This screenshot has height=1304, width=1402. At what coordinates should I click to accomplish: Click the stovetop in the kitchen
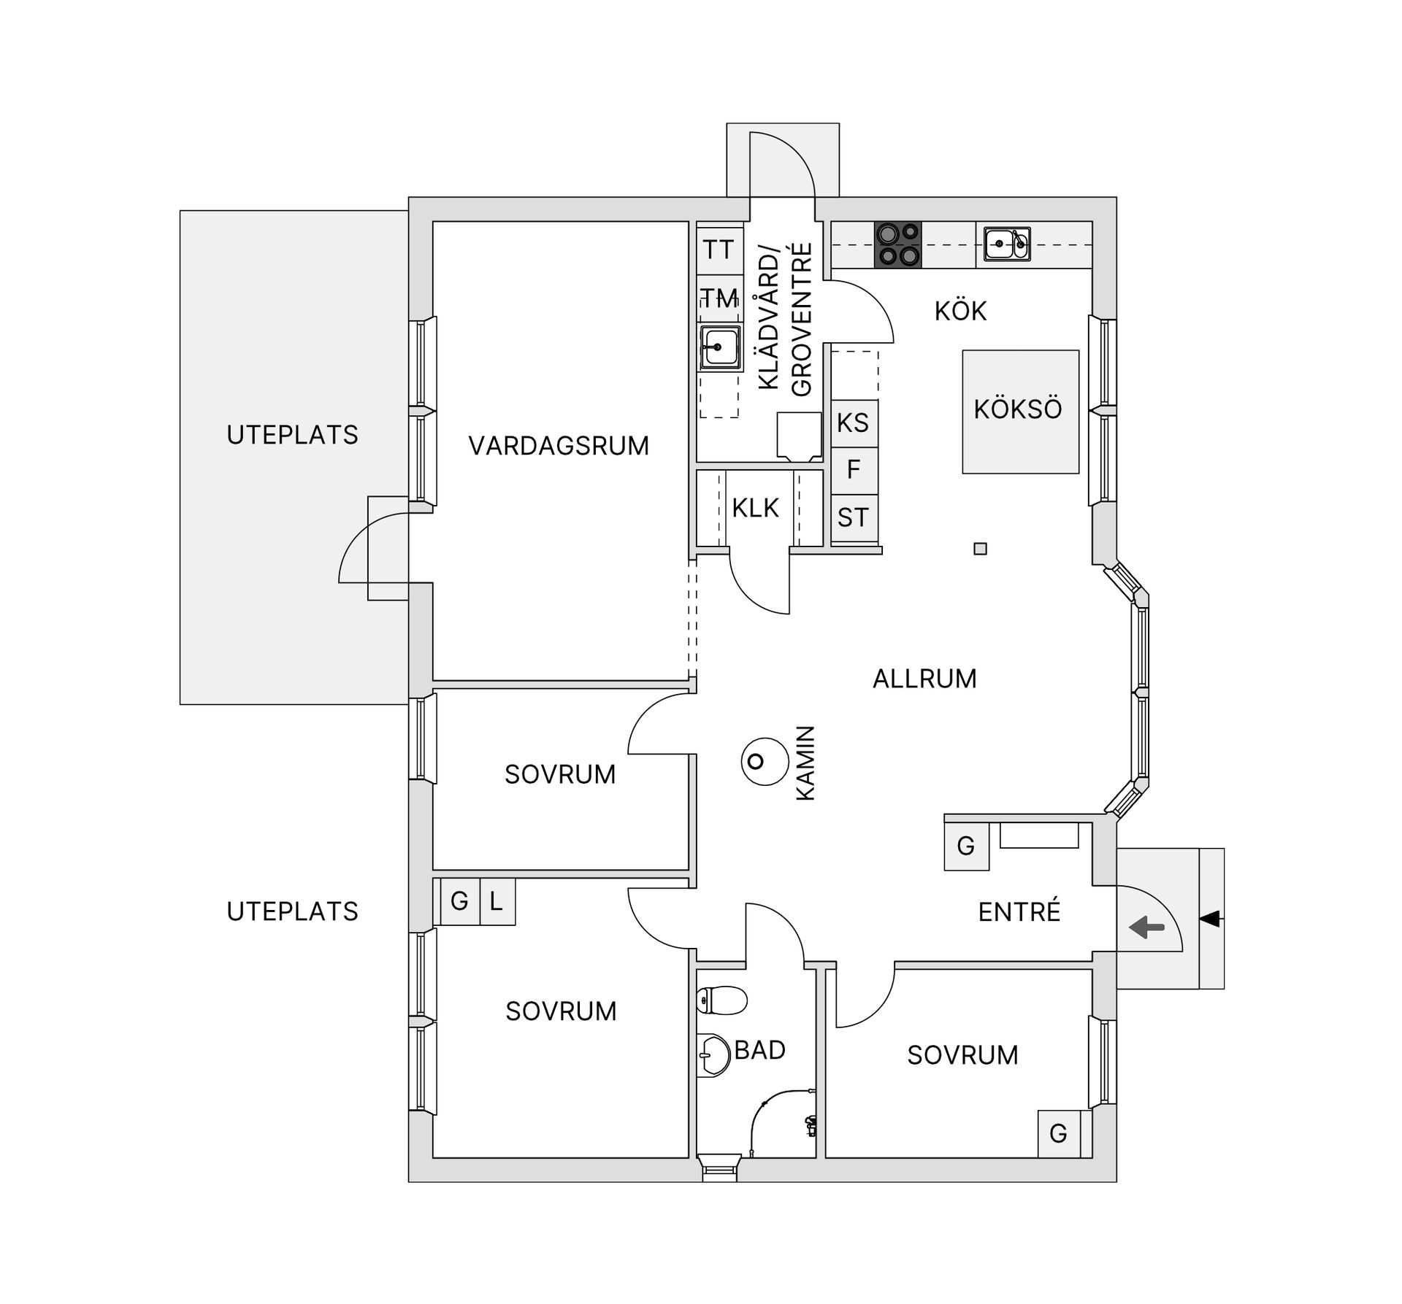tap(897, 244)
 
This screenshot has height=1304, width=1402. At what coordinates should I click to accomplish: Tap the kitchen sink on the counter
tap(1006, 244)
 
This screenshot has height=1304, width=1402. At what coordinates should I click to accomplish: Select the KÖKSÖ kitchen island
tap(1019, 411)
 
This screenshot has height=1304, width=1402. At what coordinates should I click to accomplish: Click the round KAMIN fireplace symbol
tap(764, 761)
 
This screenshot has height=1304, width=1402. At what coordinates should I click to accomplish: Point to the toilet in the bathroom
tap(721, 1000)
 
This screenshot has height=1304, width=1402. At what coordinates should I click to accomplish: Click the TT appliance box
tap(719, 250)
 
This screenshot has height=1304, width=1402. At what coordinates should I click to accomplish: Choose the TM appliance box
tap(719, 298)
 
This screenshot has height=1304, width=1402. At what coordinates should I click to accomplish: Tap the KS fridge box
tap(854, 423)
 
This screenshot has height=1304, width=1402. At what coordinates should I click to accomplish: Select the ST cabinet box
tap(854, 518)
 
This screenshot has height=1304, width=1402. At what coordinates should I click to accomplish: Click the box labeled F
tap(854, 470)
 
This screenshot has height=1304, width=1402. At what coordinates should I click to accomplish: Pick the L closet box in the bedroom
tap(497, 902)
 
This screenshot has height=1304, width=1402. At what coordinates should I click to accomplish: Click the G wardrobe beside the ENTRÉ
tap(965, 846)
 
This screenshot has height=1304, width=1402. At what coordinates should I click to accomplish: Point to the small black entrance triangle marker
tap(1210, 919)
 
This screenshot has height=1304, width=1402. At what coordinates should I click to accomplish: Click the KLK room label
tap(756, 509)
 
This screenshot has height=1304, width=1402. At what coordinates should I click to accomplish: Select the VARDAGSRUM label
tap(559, 446)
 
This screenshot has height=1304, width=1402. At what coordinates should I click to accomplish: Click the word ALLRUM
tap(924, 679)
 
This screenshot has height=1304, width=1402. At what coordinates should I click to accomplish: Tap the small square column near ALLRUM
tap(980, 549)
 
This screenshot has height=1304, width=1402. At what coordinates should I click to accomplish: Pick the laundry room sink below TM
tap(719, 347)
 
